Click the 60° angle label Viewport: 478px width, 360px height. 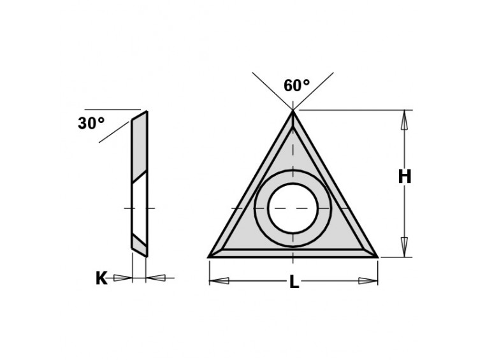point(296,85)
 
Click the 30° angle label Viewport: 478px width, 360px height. point(91,123)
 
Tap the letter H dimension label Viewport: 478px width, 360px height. point(405,176)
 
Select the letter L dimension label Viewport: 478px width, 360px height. point(294,282)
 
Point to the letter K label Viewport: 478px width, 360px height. point(102,278)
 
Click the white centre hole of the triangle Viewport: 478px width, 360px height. point(293,208)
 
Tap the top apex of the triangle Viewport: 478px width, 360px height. point(293,111)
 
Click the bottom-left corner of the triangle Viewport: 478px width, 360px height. point(209,257)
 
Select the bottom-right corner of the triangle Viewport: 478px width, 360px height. point(378,257)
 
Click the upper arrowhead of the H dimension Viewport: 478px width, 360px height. point(404,120)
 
